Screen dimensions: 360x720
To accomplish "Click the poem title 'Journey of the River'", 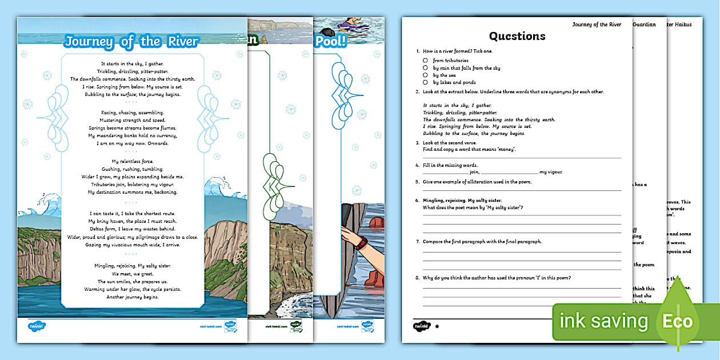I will pos(131,42).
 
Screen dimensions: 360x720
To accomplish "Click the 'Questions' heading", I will pos(518,37).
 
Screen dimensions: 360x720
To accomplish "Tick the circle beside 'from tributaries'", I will pos(426,60).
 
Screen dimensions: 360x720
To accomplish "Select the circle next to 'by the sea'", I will pos(426,75).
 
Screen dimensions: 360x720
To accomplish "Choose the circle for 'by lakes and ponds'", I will pos(426,82).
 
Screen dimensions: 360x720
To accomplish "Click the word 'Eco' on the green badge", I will pos(677,321).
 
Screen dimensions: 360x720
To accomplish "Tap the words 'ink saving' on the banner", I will pos(605,321).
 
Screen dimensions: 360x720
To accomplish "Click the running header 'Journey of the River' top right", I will pos(597,24).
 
